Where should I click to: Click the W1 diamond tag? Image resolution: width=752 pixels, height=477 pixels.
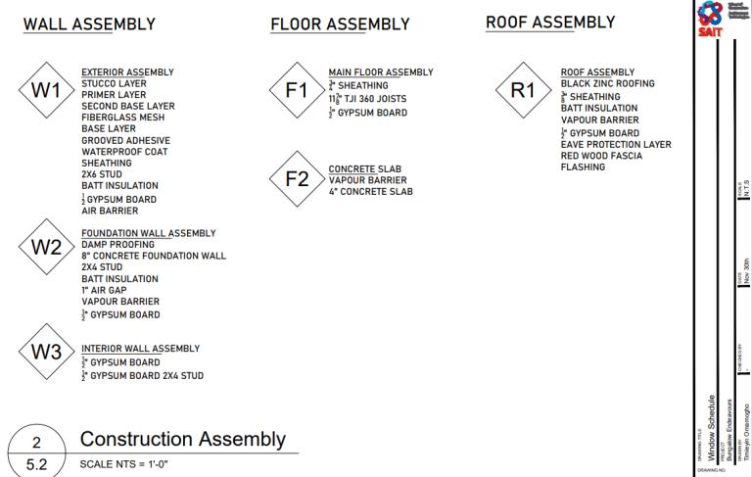[x=46, y=91]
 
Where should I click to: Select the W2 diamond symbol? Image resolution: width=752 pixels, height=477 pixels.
[x=46, y=248]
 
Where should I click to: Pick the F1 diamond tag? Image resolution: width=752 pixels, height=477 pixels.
[x=296, y=91]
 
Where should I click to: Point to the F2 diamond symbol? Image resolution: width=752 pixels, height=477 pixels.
[x=296, y=180]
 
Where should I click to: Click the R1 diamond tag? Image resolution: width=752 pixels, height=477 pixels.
[x=523, y=91]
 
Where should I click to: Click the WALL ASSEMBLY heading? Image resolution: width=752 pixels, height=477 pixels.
[x=89, y=24]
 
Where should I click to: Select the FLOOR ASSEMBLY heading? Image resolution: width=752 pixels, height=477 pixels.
[x=340, y=24]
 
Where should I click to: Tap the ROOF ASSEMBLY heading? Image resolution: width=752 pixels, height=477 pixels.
[x=550, y=23]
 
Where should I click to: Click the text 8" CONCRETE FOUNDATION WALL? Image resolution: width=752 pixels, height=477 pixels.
[x=153, y=256]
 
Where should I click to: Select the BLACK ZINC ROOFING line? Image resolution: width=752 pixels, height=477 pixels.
[x=607, y=84]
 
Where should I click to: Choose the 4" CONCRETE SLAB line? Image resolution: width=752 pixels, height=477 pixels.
[x=370, y=192]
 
